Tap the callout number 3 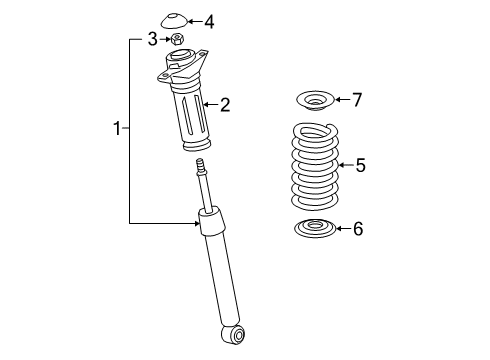(x=152, y=39)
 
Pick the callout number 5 (x=361, y=165)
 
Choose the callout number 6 (x=359, y=229)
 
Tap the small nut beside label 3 (x=178, y=40)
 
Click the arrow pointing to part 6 (x=340, y=229)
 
